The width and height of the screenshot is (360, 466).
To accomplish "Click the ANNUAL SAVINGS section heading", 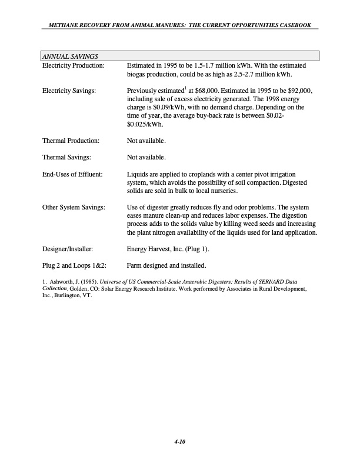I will click(69, 56).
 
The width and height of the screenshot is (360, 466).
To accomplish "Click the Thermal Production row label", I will click(71, 141).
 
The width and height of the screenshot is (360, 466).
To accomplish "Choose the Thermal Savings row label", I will click(66, 157).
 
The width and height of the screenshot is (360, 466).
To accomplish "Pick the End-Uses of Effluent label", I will click(72, 174).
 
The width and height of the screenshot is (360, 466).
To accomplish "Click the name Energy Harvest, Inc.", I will click(159, 249).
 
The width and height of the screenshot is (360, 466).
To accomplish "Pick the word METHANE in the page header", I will click(60, 25).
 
